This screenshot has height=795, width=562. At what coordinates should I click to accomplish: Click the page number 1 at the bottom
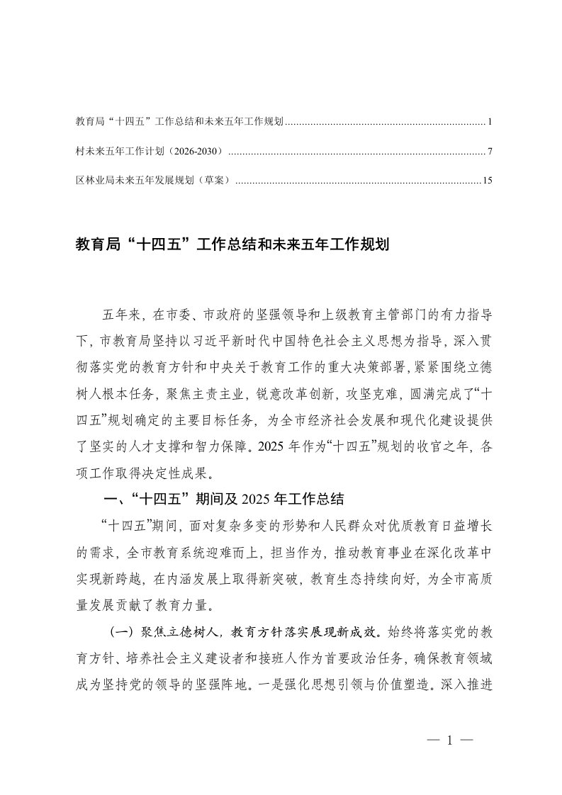pyautogui.click(x=449, y=740)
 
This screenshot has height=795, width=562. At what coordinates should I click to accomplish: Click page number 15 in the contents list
pyautogui.click(x=486, y=181)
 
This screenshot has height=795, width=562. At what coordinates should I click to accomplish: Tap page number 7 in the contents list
pyautogui.click(x=490, y=152)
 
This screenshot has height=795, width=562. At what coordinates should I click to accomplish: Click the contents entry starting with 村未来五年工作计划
pyautogui.click(x=149, y=152)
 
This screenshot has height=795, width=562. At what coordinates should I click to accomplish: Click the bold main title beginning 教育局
pyautogui.click(x=233, y=245)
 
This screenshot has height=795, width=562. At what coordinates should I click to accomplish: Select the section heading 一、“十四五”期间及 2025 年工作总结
pyautogui.click(x=223, y=500)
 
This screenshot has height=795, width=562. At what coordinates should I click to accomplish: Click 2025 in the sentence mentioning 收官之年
pyautogui.click(x=266, y=446)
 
